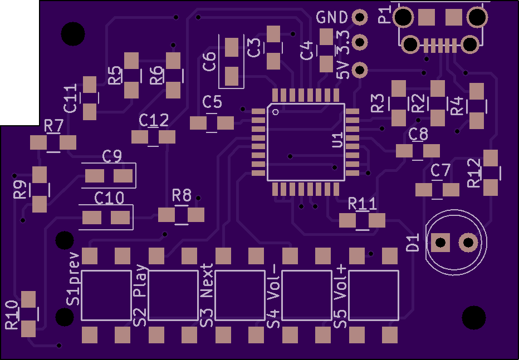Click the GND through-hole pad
360,17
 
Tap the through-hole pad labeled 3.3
360,42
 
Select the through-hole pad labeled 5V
360,70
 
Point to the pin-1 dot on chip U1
276,112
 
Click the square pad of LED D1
440,243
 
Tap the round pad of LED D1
468,243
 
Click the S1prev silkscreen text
74,279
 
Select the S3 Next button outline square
240,295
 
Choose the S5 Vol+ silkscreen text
340,297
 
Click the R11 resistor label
363,204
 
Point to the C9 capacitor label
112,156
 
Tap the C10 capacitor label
109,198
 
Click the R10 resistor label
12,315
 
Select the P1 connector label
385,14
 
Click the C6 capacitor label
209,62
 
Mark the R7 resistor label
53,126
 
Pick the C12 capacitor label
154,120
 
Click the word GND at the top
332,17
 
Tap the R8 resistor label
182,195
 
